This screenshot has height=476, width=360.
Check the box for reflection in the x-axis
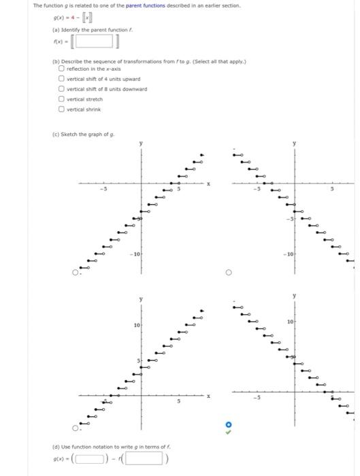click(61, 68)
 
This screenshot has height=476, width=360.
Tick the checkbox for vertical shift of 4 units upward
click(61, 78)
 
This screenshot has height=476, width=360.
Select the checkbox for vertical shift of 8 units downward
click(61, 88)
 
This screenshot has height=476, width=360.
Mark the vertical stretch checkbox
click(61, 99)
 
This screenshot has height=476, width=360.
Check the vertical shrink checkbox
click(61, 109)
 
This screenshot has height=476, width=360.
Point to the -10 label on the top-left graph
click(136, 254)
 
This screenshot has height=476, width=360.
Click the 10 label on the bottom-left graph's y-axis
click(136, 326)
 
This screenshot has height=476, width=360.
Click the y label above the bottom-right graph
click(294, 295)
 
